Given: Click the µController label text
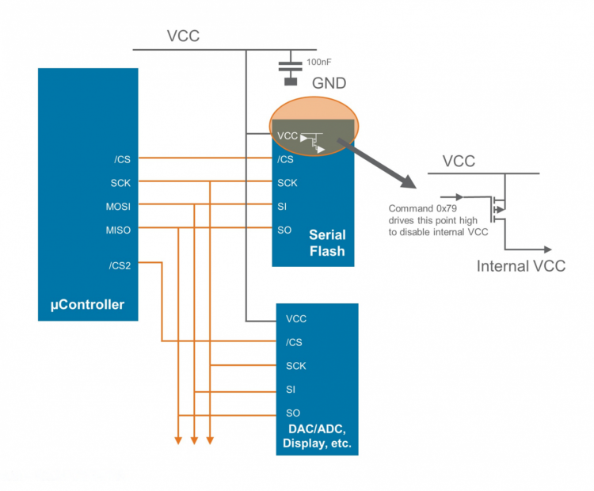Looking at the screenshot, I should pyautogui.click(x=88, y=304).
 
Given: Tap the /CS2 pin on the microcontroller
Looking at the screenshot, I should pyautogui.click(x=121, y=265).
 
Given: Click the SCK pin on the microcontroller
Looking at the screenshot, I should pyautogui.click(x=121, y=183).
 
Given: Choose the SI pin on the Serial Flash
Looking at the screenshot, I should pyautogui.click(x=282, y=207).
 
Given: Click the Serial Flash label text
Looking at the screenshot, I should pyautogui.click(x=326, y=243).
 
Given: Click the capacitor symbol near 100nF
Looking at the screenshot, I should pyautogui.click(x=291, y=69).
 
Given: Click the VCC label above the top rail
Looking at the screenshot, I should pyautogui.click(x=183, y=36).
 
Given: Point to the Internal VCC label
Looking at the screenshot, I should pyautogui.click(x=520, y=266).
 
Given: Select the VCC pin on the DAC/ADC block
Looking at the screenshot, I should pyautogui.click(x=296, y=319).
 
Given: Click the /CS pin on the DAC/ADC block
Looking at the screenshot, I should pyautogui.click(x=294, y=342).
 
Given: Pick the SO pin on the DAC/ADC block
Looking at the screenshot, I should pyautogui.click(x=293, y=413).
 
